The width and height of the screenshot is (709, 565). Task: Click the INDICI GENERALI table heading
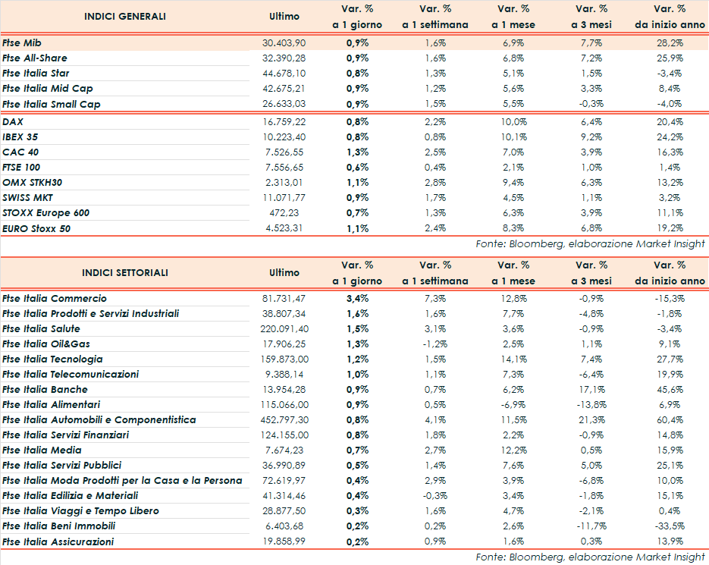tap(124, 17)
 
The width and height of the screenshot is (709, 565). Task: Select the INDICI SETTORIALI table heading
tap(125, 273)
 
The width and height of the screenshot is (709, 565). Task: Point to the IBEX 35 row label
tap(20, 137)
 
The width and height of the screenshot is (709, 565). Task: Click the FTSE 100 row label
tap(22, 168)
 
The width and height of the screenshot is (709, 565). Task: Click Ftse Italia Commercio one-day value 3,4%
tap(357, 299)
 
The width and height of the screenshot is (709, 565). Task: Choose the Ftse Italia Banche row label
tap(45, 390)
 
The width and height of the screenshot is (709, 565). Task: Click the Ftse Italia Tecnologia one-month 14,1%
tap(514, 359)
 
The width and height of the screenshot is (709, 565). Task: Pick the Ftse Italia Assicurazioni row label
tap(58, 541)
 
